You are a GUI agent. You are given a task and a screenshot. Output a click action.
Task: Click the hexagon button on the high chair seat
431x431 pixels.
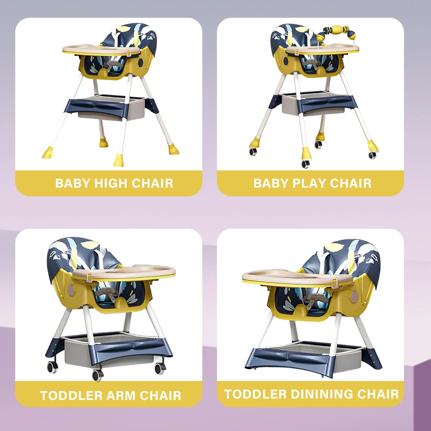tap(141, 63)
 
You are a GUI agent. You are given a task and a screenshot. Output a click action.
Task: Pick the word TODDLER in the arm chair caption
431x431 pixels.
tap(72, 396)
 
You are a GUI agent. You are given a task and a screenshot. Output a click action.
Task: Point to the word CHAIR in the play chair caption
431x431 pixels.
tap(351, 183)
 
